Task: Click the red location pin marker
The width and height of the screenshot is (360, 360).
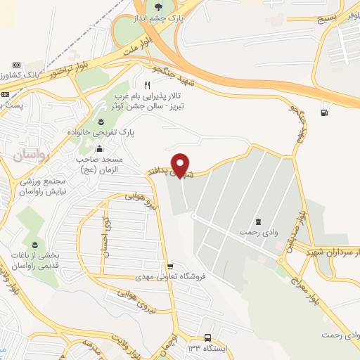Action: point(181,165)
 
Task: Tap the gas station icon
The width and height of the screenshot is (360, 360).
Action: point(323,111)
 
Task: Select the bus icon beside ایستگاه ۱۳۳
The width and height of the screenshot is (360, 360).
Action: point(207,337)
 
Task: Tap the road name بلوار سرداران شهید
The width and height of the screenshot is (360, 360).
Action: point(330,252)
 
